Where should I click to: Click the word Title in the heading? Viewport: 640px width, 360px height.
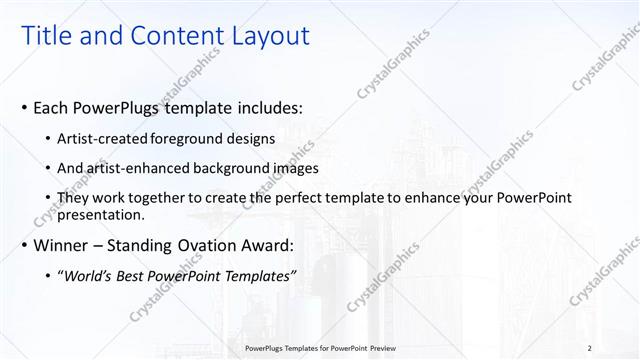[47, 36]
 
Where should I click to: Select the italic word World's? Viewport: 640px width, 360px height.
[93, 276]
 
